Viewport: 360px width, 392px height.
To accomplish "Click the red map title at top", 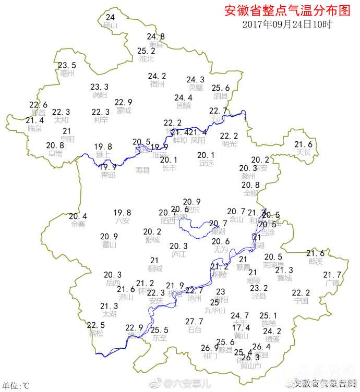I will pyautogui.click(x=286, y=10).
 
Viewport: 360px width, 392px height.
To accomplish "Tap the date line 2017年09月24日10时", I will pyautogui.click(x=287, y=24).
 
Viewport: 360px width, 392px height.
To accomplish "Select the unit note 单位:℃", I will pyautogui.click(x=16, y=386).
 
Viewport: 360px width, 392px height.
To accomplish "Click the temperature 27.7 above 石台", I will pyautogui.click(x=195, y=322).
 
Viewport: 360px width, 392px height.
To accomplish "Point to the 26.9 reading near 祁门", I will pyautogui.click(x=210, y=348).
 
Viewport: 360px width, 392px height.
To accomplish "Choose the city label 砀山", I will pyautogui.click(x=110, y=26).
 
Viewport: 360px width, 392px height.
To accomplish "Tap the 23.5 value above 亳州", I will pyautogui.click(x=67, y=66).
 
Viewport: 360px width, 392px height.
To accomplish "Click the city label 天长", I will pyautogui.click(x=303, y=153).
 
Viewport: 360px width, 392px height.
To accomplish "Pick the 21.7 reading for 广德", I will pyautogui.click(x=332, y=275).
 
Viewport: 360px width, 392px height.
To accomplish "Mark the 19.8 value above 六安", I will pyautogui.click(x=122, y=213).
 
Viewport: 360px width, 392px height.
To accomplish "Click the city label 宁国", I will pyautogui.click(x=301, y=301).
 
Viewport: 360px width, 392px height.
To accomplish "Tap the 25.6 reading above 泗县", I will pyautogui.click(x=221, y=88).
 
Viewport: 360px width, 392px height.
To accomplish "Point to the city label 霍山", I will pyautogui.click(x=109, y=244).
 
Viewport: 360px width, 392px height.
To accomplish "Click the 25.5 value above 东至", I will pyautogui.click(x=160, y=330).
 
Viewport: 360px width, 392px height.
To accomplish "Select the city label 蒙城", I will pyautogui.click(x=124, y=111).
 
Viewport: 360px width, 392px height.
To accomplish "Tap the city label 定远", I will pyautogui.click(x=206, y=163).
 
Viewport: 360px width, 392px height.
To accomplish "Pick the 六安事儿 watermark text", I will pyautogui.click(x=188, y=384).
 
